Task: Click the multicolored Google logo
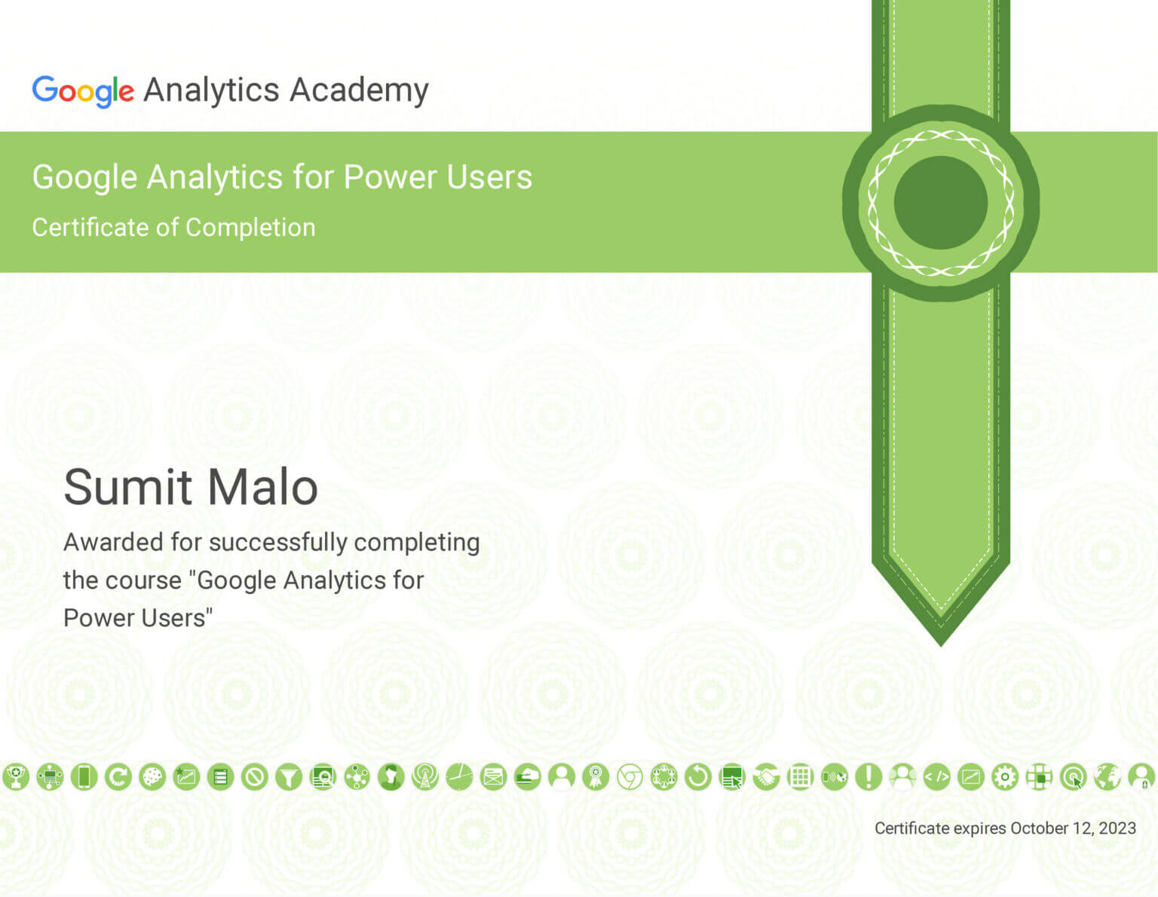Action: pos(83,91)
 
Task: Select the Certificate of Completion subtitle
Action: pos(173,228)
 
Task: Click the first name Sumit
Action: pos(128,487)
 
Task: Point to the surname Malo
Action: pos(262,487)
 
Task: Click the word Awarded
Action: pos(114,542)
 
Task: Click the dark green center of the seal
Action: pos(941,203)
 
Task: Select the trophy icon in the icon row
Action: pos(16,777)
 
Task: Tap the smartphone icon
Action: pos(84,777)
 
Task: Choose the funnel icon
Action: pos(289,777)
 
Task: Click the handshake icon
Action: pos(766,777)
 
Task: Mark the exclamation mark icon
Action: pos(868,777)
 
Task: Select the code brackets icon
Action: pos(937,777)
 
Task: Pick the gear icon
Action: pos(1005,777)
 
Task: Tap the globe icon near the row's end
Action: pos(1107,777)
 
